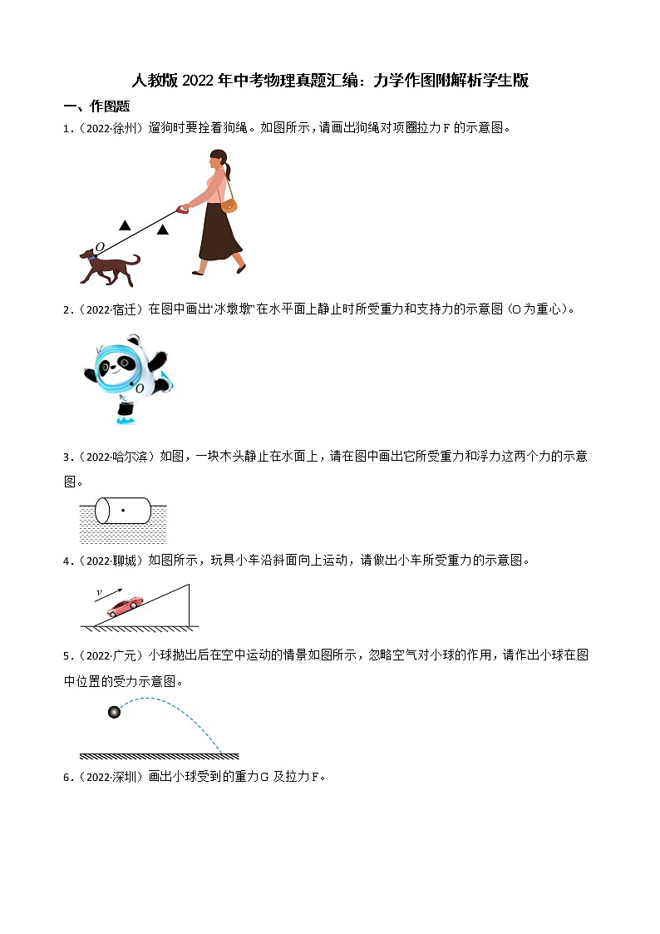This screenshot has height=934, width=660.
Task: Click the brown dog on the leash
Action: tap(111, 264)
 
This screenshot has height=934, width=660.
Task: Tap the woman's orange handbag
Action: tap(229, 205)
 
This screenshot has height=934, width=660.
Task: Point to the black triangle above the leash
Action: tap(124, 225)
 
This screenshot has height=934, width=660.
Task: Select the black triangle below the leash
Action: tap(163, 230)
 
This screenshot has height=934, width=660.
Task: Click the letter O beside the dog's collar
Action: tap(99, 247)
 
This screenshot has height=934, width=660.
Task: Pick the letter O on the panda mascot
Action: tap(140, 388)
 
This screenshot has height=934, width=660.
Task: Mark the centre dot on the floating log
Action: tap(123, 508)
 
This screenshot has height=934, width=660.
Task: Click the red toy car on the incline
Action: tap(125, 605)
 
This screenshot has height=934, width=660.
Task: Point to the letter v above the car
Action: tap(99, 592)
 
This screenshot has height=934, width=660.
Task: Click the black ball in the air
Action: tap(114, 711)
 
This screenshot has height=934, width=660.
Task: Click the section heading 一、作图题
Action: tap(97, 106)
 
